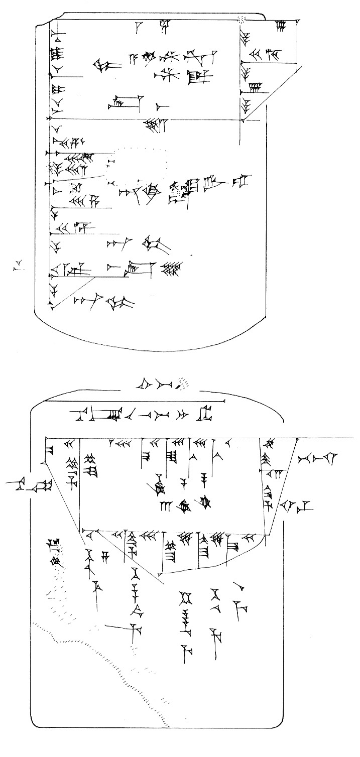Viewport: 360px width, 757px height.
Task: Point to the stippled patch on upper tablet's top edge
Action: (x=243, y=19)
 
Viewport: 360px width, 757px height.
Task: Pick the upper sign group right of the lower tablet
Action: (x=317, y=458)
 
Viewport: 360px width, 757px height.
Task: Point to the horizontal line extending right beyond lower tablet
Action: (x=326, y=438)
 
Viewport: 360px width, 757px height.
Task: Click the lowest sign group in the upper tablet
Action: (x=103, y=301)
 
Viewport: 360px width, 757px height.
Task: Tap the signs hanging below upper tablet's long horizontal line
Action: (x=155, y=124)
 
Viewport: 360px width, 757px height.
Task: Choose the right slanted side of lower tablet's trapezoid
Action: (x=282, y=484)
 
